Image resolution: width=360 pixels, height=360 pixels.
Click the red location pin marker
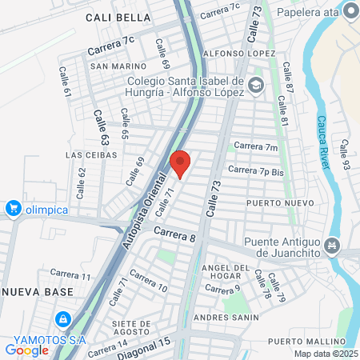pyautogui.click(x=181, y=163)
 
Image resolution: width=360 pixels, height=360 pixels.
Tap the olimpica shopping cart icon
pyautogui.click(x=13, y=209)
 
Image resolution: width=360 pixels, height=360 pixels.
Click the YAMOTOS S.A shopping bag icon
pyautogui.click(x=61, y=319)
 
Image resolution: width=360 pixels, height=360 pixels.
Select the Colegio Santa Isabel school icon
pyautogui.click(x=255, y=85)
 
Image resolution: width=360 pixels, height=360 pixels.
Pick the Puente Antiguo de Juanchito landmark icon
pyautogui.click(x=334, y=244)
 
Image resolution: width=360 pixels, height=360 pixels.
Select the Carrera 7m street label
pyautogui.click(x=255, y=146)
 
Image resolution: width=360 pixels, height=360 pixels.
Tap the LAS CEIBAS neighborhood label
pyautogui.click(x=91, y=154)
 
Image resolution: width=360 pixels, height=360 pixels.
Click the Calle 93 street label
pyautogui.click(x=345, y=153)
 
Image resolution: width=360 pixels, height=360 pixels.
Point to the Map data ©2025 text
pyautogui.click(x=326, y=354)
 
